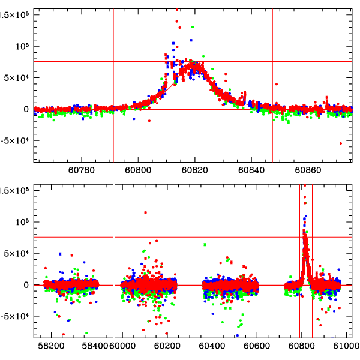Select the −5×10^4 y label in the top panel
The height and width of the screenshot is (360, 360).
click(13, 141)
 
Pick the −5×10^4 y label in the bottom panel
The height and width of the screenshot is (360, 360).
click(13, 317)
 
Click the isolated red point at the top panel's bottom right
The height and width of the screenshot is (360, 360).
click(340, 143)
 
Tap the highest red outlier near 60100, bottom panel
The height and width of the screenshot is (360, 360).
click(145, 212)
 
